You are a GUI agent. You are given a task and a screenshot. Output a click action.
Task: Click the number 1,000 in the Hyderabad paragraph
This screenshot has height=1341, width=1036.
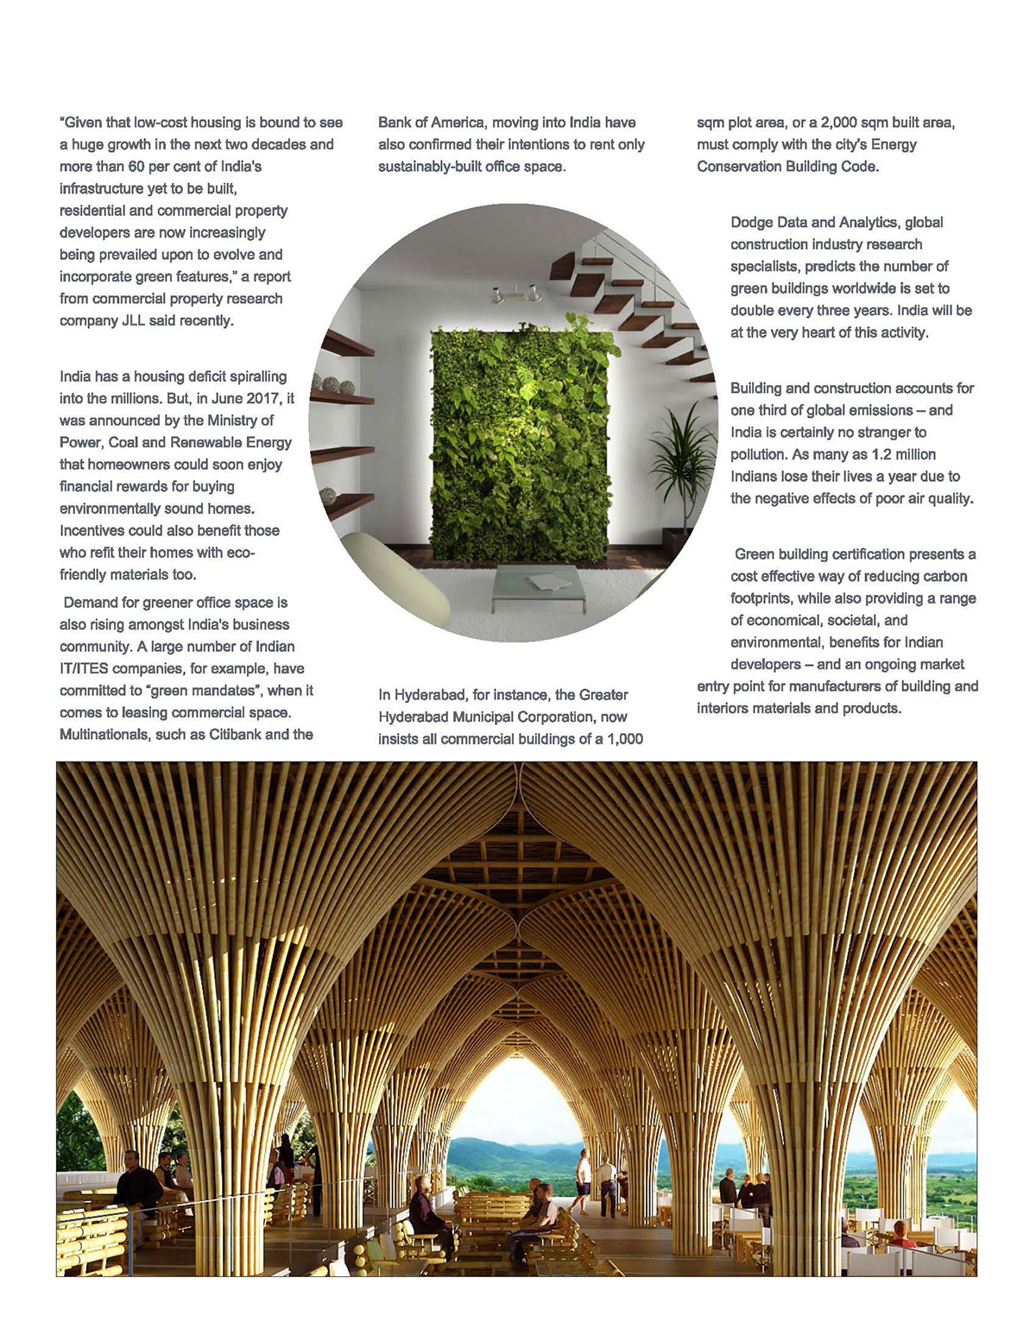pyautogui.click(x=621, y=739)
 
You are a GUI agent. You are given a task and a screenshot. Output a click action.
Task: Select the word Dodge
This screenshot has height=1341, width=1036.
pyautogui.click(x=752, y=223)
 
